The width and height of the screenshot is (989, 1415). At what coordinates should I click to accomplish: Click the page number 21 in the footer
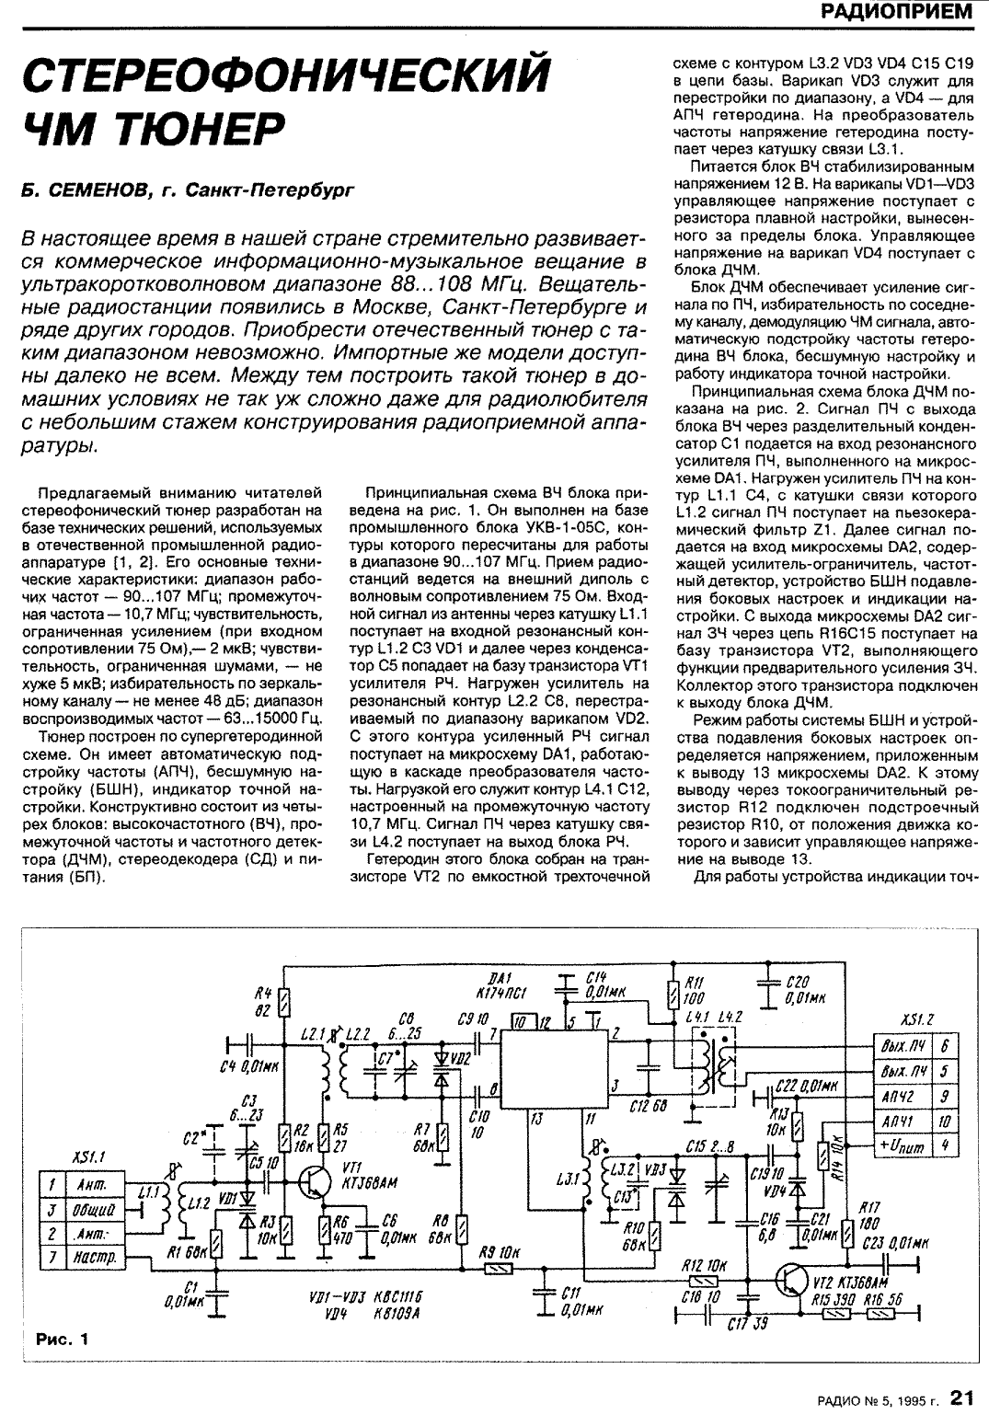pyautogui.click(x=962, y=1398)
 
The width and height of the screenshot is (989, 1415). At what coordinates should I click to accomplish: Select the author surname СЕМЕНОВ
pyautogui.click(x=89, y=190)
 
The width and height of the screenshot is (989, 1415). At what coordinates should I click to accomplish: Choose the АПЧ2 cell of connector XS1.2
pyautogui.click(x=903, y=1096)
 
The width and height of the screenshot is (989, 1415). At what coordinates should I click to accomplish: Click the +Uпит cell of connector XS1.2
pyautogui.click(x=903, y=1145)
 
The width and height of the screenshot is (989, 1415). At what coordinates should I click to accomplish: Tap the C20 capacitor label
pyautogui.click(x=798, y=983)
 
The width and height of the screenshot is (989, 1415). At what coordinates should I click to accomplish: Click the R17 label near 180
pyautogui.click(x=867, y=1208)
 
